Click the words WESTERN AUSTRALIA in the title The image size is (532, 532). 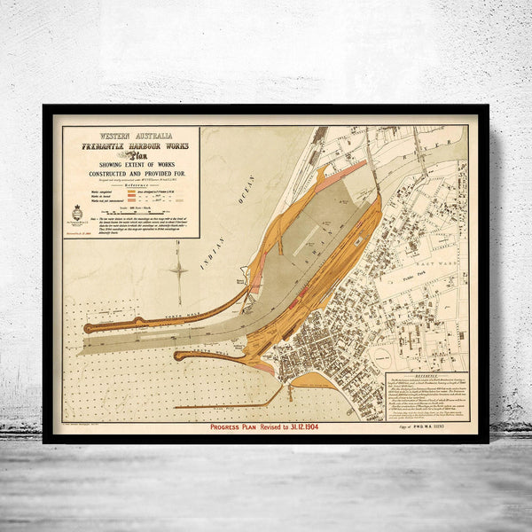[x=130, y=134]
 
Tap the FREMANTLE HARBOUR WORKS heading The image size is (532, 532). [x=131, y=144]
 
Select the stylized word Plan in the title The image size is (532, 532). [x=131, y=153]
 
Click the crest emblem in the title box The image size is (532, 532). [x=76, y=213]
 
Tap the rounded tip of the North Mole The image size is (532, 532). [x=89, y=328]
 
